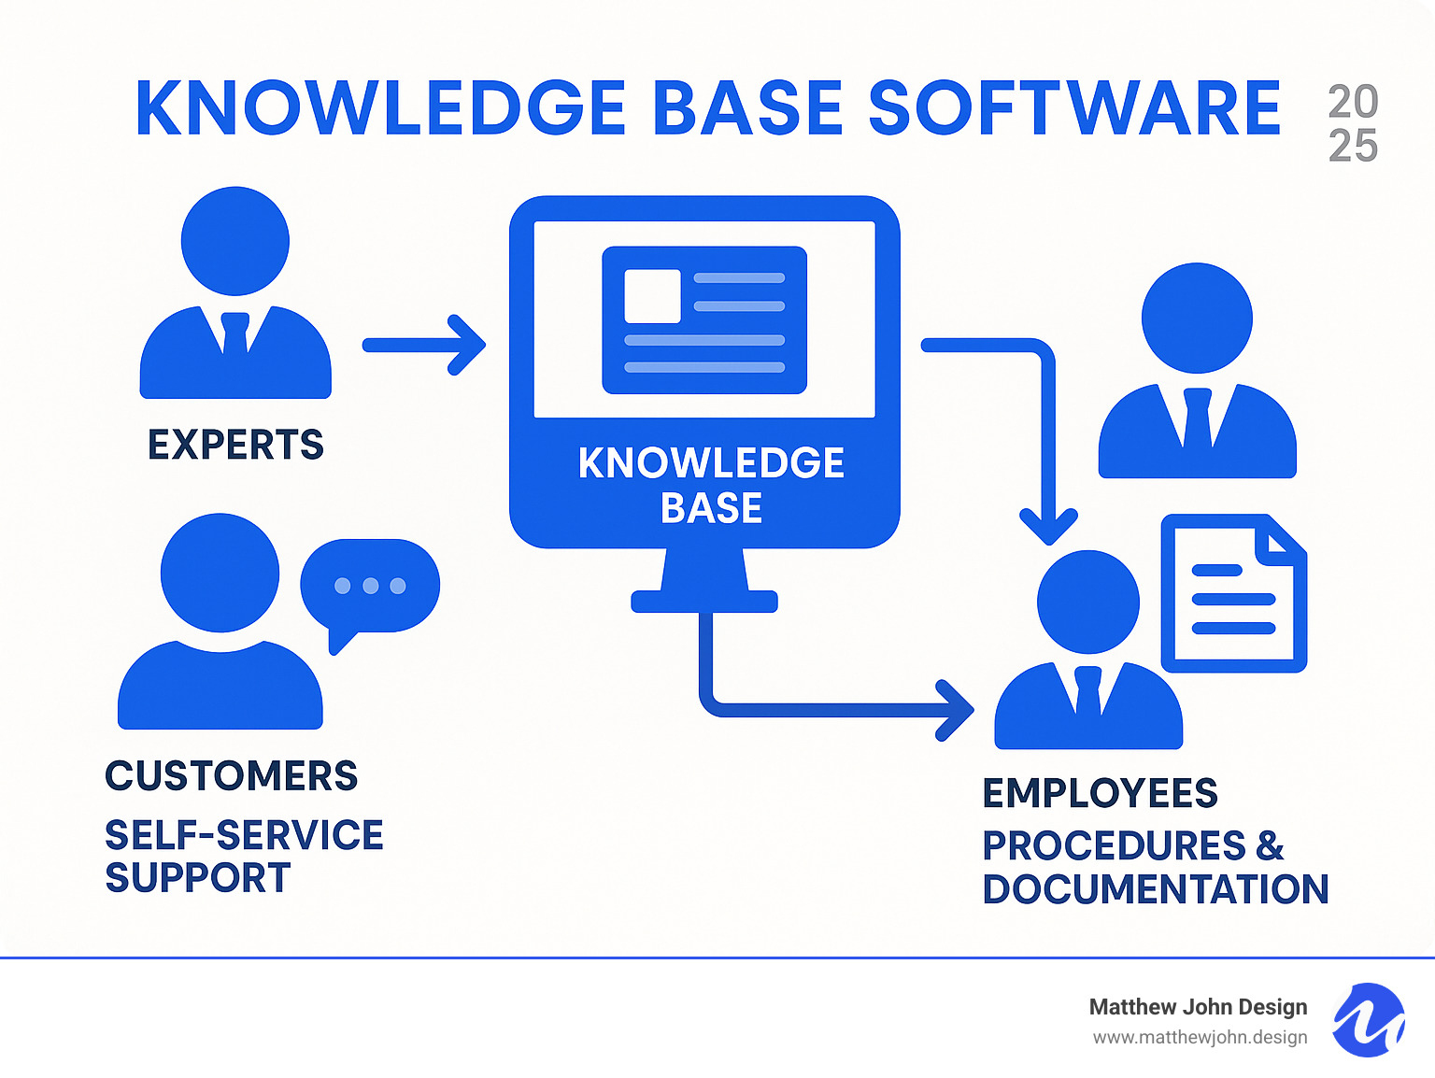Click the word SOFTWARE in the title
(1074, 108)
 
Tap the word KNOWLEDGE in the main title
(380, 108)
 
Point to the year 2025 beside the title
(1353, 124)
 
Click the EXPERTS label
(235, 445)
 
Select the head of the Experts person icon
(235, 241)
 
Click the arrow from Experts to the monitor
(425, 346)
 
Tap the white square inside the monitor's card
(652, 296)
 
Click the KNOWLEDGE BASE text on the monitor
(711, 485)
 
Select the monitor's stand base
(704, 602)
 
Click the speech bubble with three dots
(370, 587)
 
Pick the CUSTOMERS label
(231, 776)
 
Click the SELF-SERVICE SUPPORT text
(243, 856)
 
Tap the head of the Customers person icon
(220, 572)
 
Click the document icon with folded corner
(1233, 593)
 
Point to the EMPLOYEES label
(1100, 793)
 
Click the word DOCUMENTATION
(1155, 889)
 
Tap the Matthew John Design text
(1198, 1007)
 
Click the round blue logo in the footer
(1369, 1020)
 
